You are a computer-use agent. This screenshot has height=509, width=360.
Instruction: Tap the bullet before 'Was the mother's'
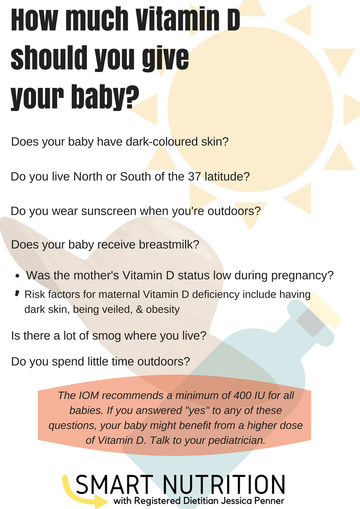tap(18, 276)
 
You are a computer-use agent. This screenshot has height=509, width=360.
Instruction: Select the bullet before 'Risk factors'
tap(17, 294)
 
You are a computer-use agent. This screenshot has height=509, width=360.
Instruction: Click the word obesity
tap(163, 310)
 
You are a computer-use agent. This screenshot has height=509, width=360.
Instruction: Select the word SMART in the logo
tap(115, 485)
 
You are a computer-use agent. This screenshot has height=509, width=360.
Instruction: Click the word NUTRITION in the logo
tap(224, 485)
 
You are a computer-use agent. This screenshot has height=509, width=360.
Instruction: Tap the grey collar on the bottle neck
tap(311, 322)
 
